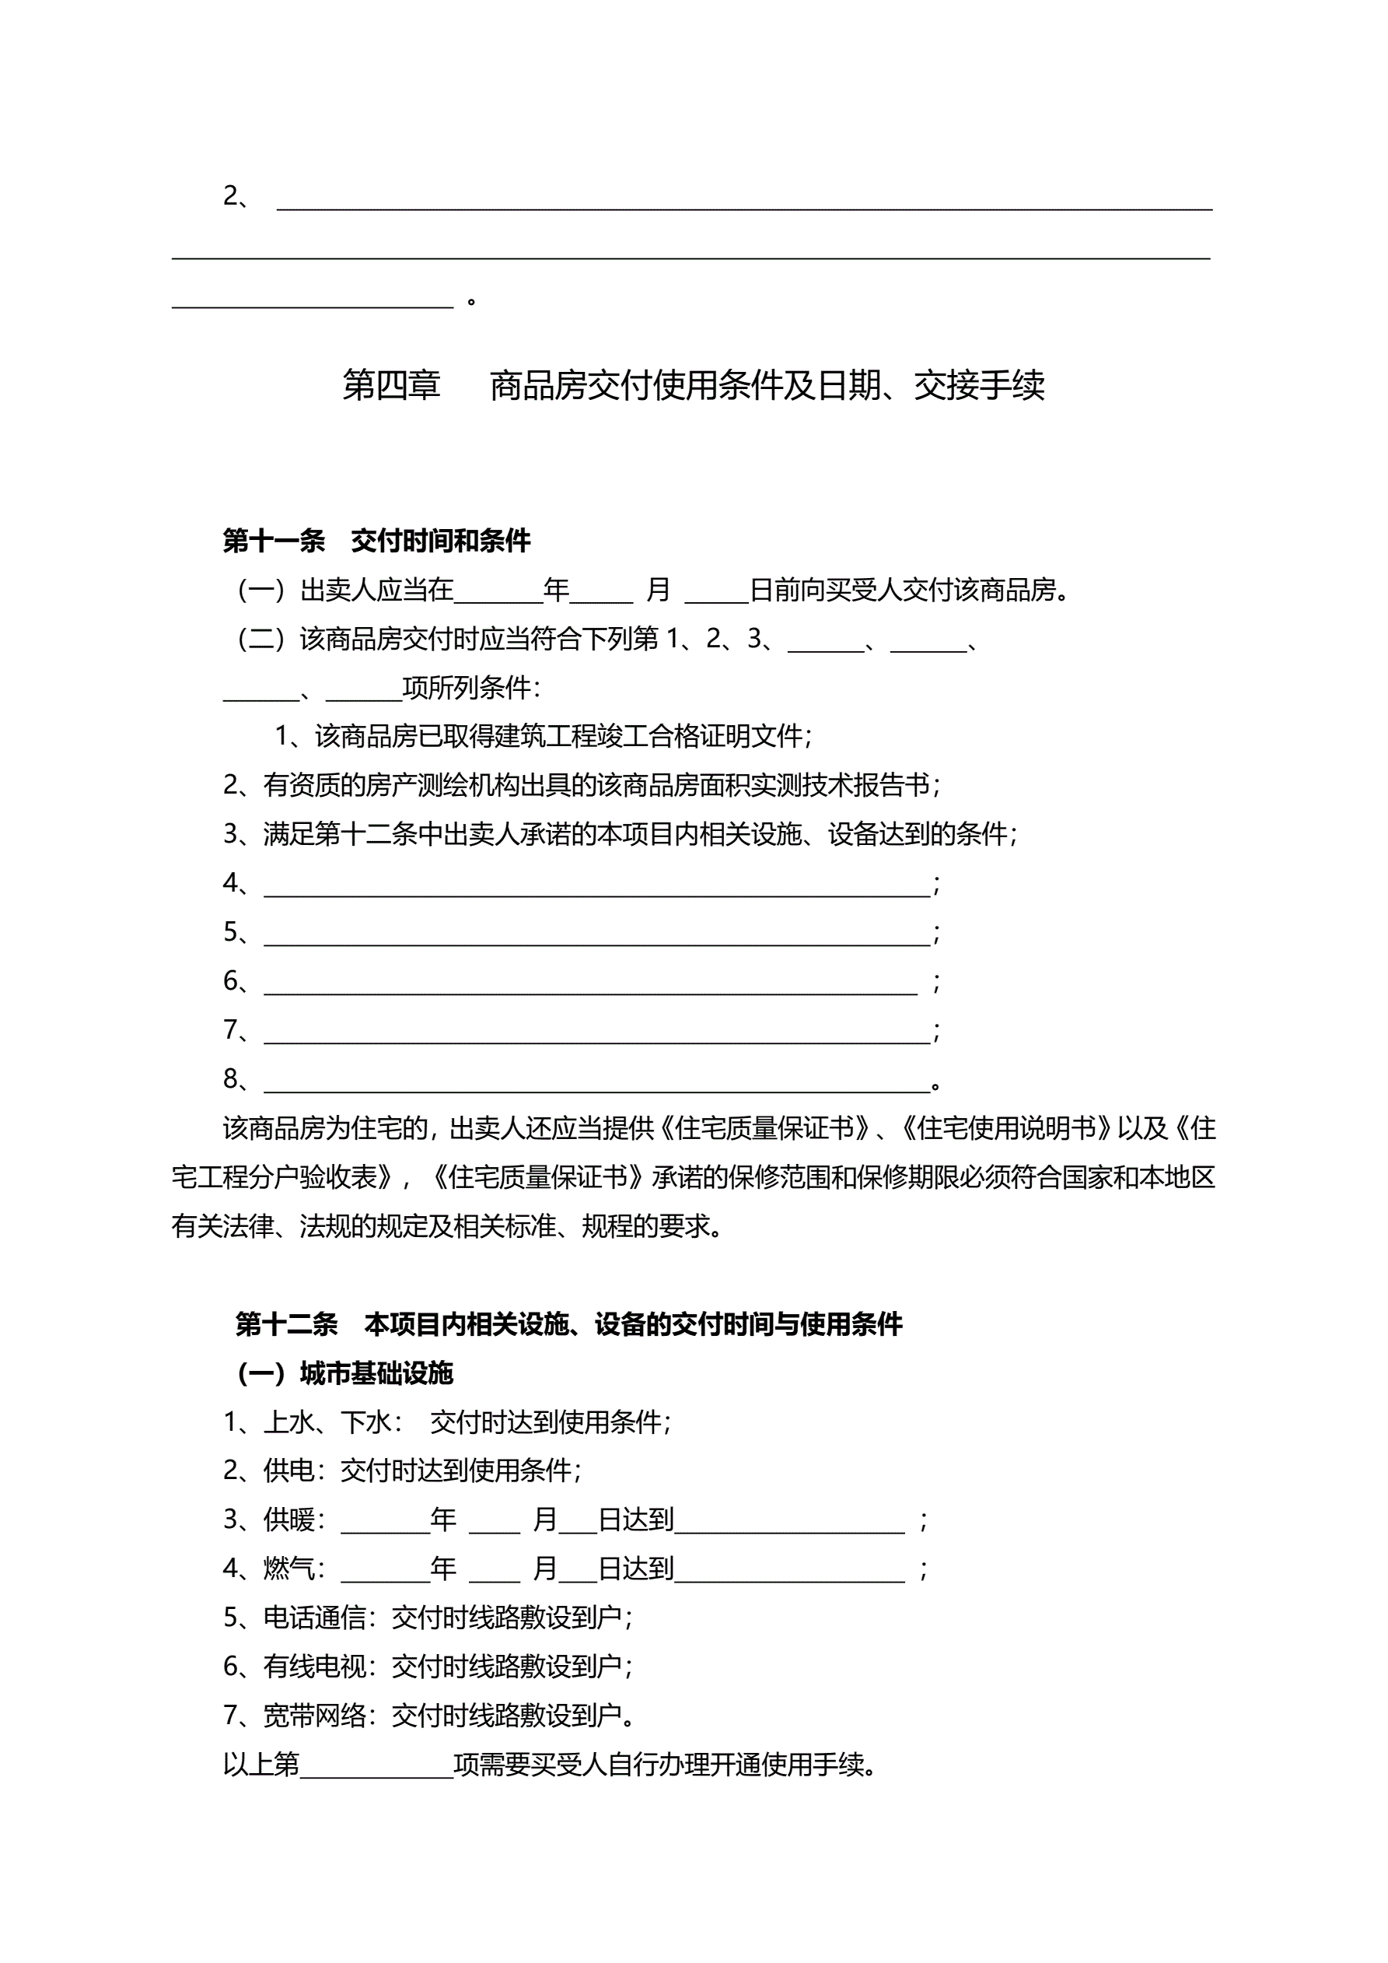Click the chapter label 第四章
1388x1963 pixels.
391,386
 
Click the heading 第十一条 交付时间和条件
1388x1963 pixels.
376,540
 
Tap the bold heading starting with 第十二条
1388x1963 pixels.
568,1324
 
